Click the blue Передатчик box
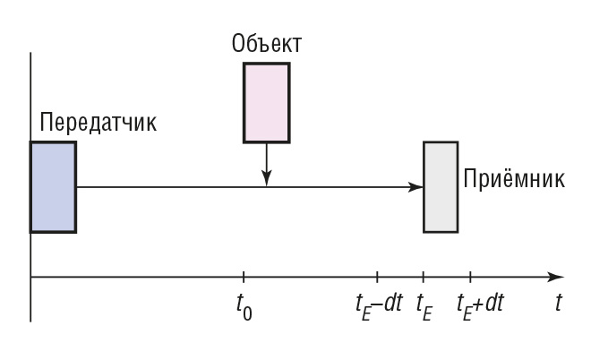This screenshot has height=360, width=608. (x=53, y=186)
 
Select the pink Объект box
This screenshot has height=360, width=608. (x=266, y=102)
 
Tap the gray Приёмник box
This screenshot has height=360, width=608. (x=441, y=186)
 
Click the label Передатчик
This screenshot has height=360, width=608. (x=98, y=123)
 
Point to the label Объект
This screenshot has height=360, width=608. (x=266, y=43)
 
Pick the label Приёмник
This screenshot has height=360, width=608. (x=514, y=177)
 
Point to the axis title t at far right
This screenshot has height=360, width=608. (x=558, y=303)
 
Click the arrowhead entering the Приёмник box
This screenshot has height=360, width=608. (x=416, y=187)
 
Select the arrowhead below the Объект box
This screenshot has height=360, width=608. (x=266, y=182)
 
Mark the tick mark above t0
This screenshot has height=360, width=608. (x=243, y=277)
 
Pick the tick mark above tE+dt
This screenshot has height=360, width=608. (x=471, y=277)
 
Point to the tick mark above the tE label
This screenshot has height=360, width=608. (x=424, y=277)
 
